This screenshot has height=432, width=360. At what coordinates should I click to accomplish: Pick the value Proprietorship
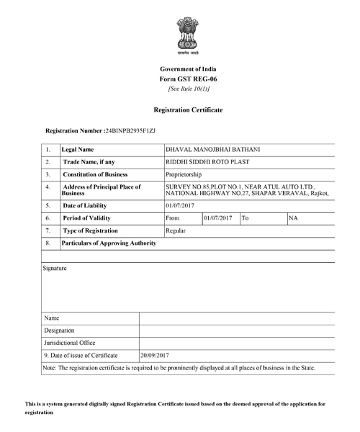184,175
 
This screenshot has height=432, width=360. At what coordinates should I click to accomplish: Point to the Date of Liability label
87,204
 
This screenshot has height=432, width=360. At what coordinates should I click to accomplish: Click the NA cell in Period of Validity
293,217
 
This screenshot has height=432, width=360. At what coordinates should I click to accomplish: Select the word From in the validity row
173,217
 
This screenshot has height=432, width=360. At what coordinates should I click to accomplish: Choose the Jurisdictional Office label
70,343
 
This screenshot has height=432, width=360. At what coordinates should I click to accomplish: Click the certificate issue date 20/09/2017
154,356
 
